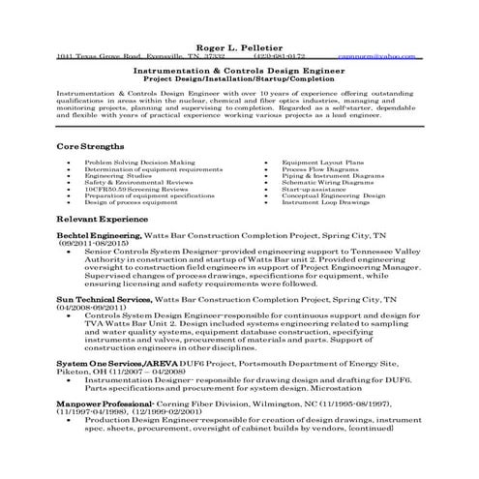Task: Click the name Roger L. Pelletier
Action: tap(239, 45)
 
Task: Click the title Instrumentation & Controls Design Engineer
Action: tap(239, 71)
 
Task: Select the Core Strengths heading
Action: tap(91, 145)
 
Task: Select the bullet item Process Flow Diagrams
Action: tap(320, 168)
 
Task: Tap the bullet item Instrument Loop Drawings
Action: tap(325, 202)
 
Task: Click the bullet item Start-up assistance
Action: tap(314, 189)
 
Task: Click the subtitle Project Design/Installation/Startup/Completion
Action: tap(239, 80)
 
